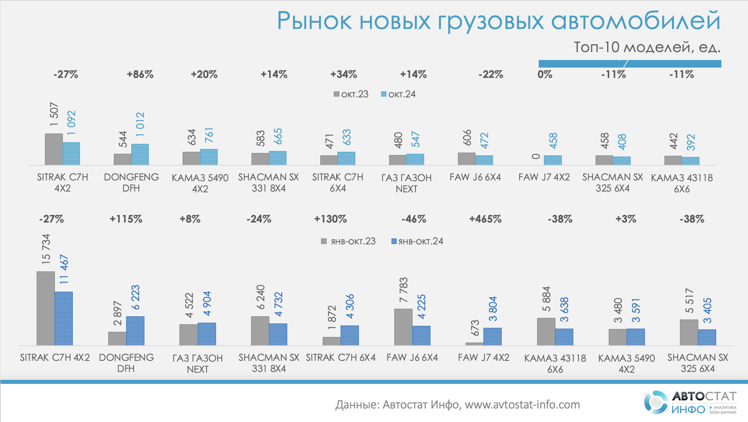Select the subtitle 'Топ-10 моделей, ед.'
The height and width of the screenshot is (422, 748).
(x=647, y=47)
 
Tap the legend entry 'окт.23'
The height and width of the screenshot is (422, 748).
(x=351, y=94)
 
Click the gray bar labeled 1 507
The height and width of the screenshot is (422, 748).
(x=54, y=149)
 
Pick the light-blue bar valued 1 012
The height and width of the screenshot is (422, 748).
(x=140, y=155)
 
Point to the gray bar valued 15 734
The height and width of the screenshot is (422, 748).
(x=46, y=308)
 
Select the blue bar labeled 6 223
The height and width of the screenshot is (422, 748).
(x=135, y=331)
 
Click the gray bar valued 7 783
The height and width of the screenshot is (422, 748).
(x=403, y=327)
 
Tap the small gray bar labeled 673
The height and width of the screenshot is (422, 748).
(x=474, y=344)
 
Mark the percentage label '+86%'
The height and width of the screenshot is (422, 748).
(x=140, y=74)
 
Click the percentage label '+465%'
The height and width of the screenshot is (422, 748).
(x=485, y=219)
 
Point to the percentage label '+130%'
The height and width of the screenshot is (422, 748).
(x=331, y=219)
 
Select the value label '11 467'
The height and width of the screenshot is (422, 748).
(x=64, y=269)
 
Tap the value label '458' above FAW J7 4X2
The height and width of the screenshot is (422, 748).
(x=553, y=141)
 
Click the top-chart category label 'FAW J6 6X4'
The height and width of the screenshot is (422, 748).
(x=475, y=177)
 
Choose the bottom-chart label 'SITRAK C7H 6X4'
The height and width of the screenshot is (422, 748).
(x=341, y=358)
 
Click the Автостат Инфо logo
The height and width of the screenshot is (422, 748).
(x=690, y=402)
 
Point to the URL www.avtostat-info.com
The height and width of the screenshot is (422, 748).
(x=522, y=405)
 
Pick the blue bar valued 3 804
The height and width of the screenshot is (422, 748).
(x=493, y=336)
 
